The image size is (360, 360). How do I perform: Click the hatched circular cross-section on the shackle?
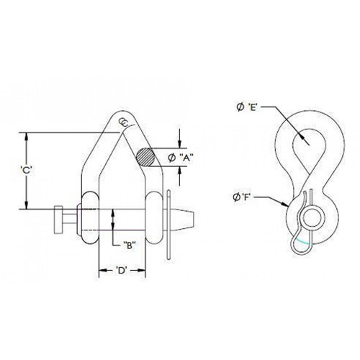click(145, 157)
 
